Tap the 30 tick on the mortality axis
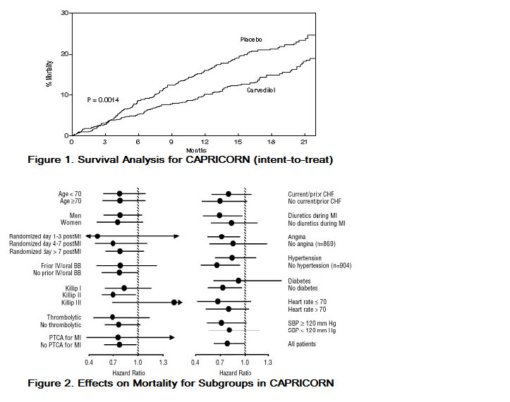[63, 13]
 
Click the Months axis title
[195, 150]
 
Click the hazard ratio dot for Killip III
[174, 303]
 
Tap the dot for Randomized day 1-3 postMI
[97, 236]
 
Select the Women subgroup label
[71, 222]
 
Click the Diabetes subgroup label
[301, 280]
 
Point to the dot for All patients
[227, 343]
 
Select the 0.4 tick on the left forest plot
[89, 363]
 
